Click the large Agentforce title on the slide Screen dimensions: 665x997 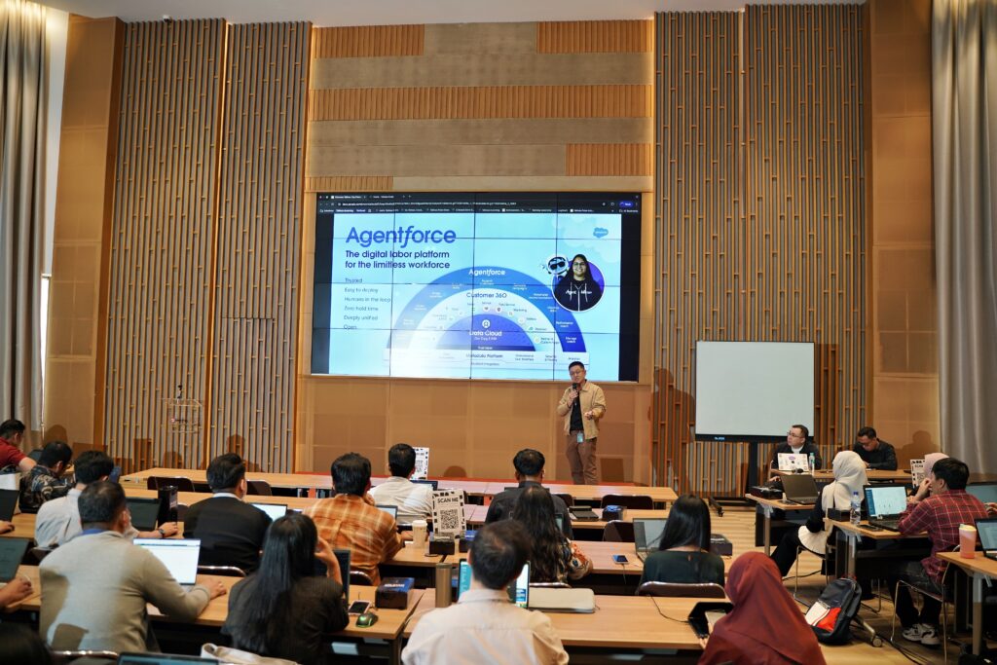click(x=400, y=236)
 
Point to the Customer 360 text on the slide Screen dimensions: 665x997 click(x=488, y=293)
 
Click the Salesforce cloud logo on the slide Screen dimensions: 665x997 click(x=600, y=233)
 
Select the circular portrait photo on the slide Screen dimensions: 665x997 click(x=578, y=282)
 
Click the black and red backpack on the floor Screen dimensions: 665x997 click(x=832, y=610)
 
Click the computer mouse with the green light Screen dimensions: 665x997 click(x=365, y=618)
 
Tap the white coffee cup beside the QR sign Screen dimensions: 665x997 click(x=419, y=532)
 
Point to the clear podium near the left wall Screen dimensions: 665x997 click(x=182, y=416)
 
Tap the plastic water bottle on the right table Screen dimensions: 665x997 click(x=854, y=508)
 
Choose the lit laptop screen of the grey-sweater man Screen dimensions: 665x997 click(x=168, y=560)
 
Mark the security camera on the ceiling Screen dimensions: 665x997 click(x=166, y=18)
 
